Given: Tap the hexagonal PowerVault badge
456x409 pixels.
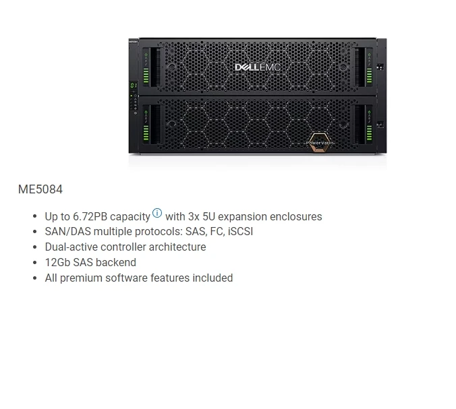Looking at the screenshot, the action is pyautogui.click(x=320, y=144).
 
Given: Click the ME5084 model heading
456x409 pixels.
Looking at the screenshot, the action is pyautogui.click(x=40, y=189).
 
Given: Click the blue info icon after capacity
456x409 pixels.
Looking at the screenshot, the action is pyautogui.click(x=157, y=214).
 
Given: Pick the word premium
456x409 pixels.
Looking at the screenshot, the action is pyautogui.click(x=83, y=278).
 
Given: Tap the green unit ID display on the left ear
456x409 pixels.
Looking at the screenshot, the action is pyautogui.click(x=133, y=86).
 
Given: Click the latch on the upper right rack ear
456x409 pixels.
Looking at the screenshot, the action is pyautogui.click(x=380, y=67).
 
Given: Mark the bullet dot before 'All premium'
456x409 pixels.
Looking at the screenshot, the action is pyautogui.click(x=34, y=278).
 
